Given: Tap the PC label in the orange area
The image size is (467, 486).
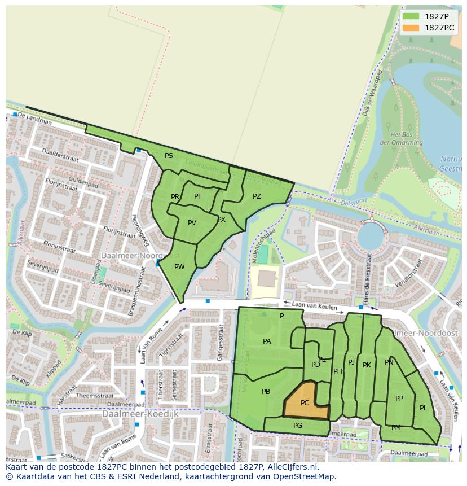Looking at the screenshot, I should tap(305, 403).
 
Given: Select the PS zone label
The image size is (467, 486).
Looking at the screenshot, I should tap(169, 156).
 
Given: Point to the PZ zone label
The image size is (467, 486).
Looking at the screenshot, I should tap(257, 196).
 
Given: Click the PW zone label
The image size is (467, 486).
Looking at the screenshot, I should tap(179, 267).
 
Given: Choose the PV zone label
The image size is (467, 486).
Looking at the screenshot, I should tap(192, 223).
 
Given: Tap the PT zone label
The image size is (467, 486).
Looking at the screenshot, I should tap(198, 196).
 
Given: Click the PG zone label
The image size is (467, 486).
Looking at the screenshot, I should tap(298, 426).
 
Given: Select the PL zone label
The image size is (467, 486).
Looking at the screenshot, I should tap(423, 408).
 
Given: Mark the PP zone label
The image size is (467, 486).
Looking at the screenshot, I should tap(399, 399).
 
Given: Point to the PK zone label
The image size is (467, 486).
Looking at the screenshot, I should tap(367, 365).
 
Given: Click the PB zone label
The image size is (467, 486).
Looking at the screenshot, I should tap(266, 392).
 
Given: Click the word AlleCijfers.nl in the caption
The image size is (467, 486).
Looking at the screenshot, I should tap(291, 467).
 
